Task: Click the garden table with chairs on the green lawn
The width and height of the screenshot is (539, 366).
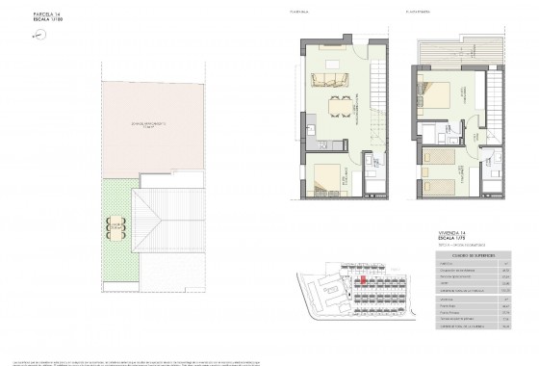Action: point(116,229)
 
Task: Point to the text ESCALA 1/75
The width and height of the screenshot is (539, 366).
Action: point(449,239)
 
